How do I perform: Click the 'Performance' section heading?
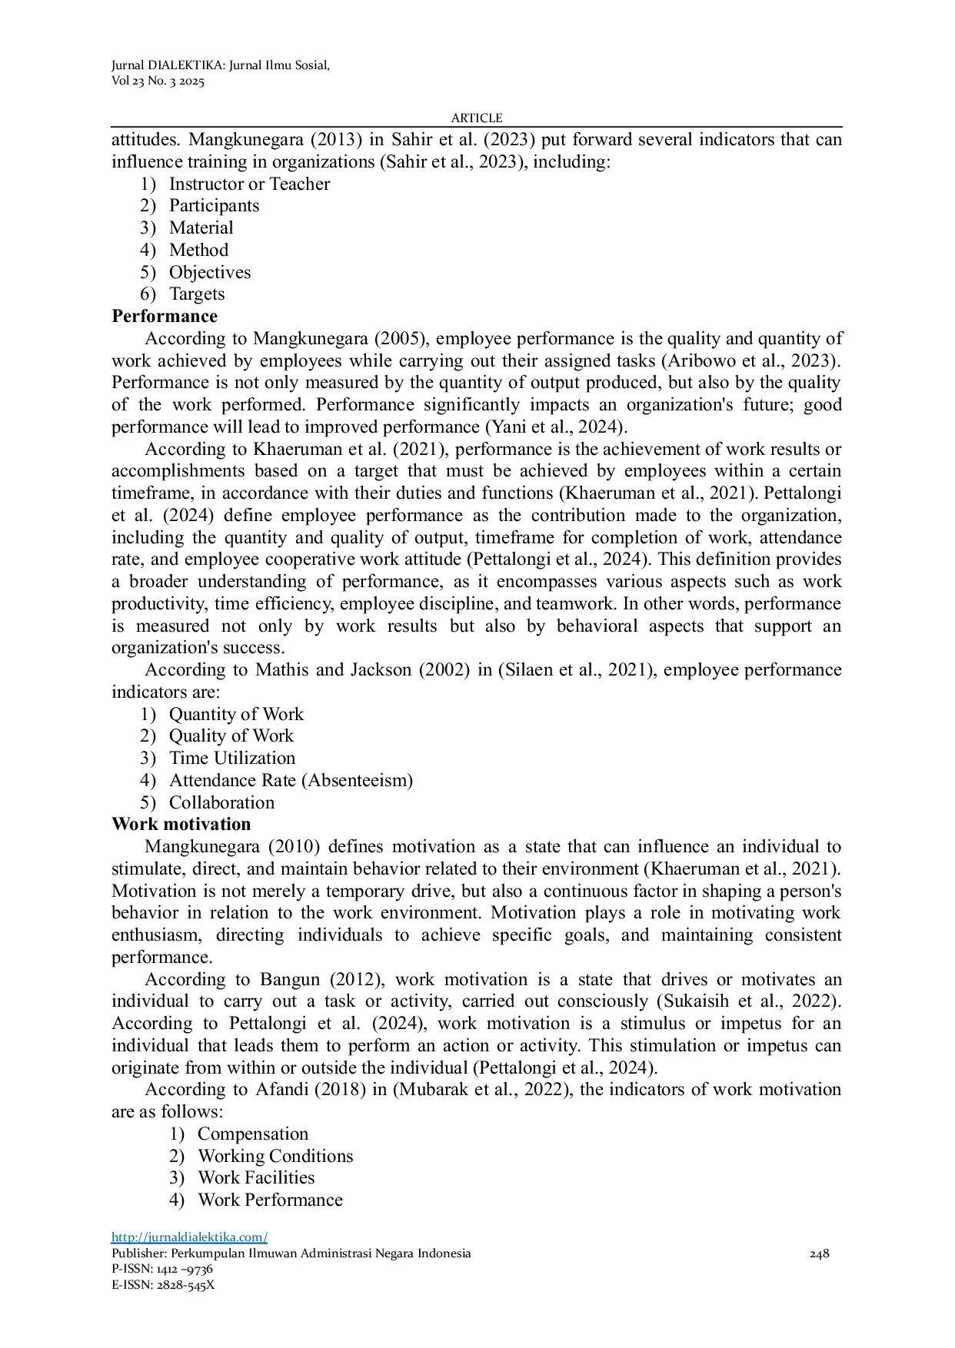coord(165,317)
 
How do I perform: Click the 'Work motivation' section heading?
coord(181,825)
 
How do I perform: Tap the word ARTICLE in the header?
coord(477,118)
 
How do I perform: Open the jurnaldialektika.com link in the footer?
coord(189,1237)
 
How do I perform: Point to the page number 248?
coord(820,1253)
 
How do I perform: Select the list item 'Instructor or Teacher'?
coord(249,184)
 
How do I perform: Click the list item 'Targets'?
coord(197,294)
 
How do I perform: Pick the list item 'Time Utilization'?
coord(232,759)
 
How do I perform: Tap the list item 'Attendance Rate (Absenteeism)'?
coord(291,781)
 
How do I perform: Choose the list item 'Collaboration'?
coord(221,803)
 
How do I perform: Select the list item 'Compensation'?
coord(253,1134)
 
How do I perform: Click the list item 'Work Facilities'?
coord(256,1178)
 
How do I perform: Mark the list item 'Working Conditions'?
coord(275,1157)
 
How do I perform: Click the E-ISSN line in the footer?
coord(163,1285)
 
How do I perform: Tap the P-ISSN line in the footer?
coord(162,1269)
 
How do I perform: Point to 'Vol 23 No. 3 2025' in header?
coord(158,81)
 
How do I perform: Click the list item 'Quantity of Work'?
coord(236,715)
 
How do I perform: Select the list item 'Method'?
coord(198,251)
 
